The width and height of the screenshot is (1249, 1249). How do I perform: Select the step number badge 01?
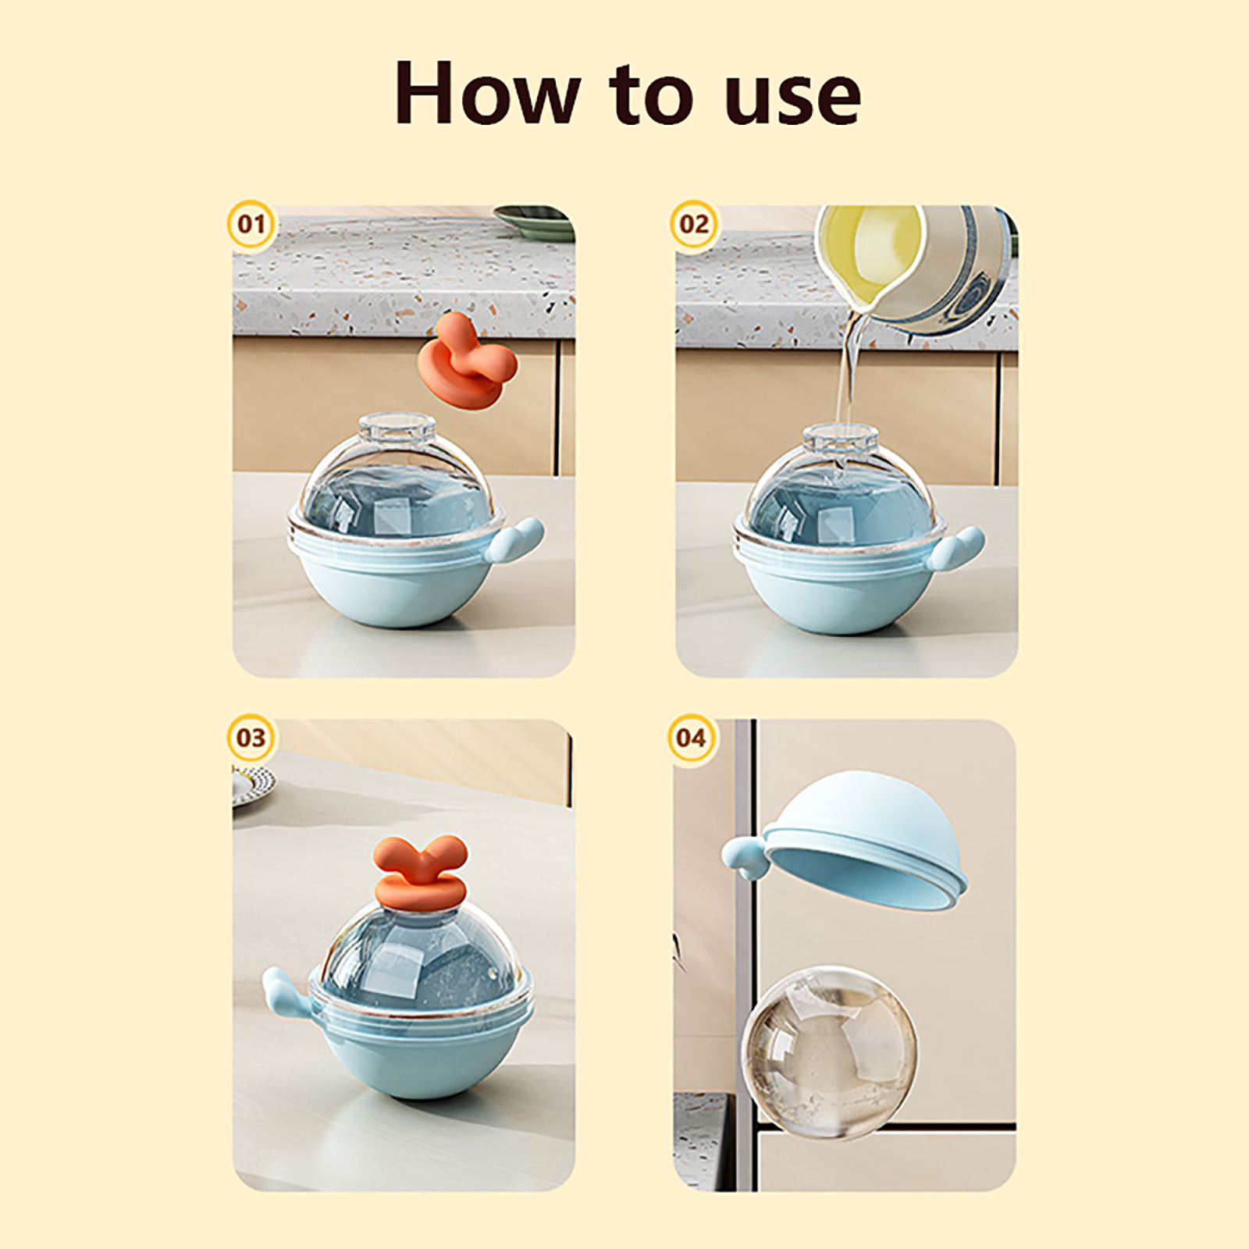click(251, 225)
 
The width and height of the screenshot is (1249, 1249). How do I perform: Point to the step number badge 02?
click(693, 225)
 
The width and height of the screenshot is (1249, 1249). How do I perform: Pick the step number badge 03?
click(251, 738)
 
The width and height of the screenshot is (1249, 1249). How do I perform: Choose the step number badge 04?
click(692, 738)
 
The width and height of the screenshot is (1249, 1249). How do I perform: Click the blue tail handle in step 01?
click(517, 543)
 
